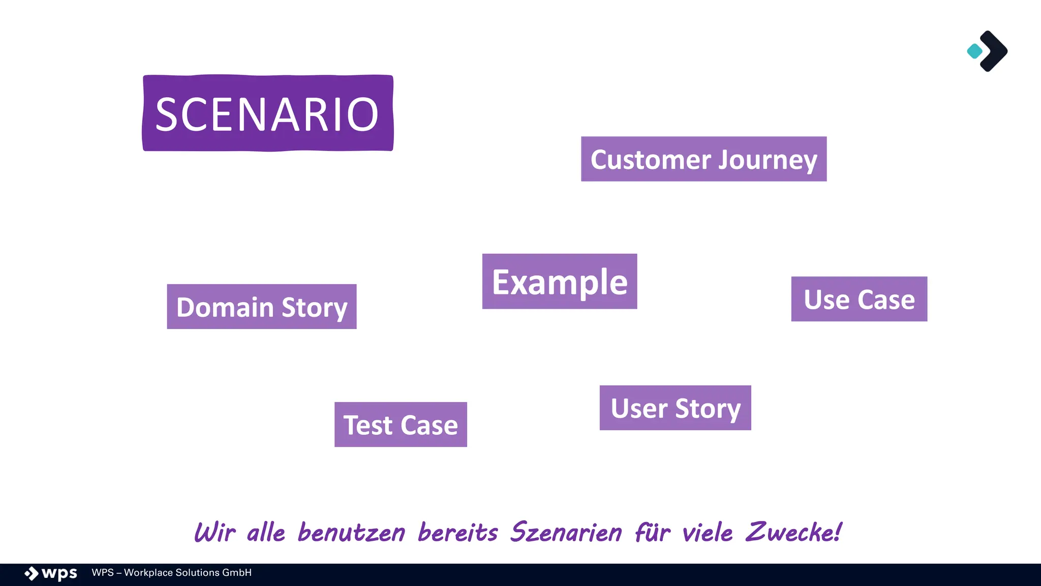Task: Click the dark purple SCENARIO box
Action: [x=268, y=113]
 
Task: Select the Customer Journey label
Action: [x=703, y=159]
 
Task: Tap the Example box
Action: [x=559, y=281]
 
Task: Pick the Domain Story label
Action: [x=261, y=307]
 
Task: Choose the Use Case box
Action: [x=859, y=299]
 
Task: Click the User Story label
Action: [x=675, y=408]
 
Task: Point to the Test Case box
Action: [x=401, y=425]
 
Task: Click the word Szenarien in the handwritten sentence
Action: [x=566, y=533]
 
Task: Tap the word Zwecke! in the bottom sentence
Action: [x=793, y=533]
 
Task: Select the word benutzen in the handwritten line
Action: [x=351, y=533]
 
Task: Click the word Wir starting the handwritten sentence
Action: [x=215, y=533]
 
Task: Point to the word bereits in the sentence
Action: [x=457, y=533]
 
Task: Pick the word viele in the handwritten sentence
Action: [x=707, y=533]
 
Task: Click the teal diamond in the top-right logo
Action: [x=974, y=51]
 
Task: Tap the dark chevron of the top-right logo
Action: [x=995, y=51]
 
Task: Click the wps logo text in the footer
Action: [x=59, y=573]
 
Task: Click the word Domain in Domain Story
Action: [x=225, y=307]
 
